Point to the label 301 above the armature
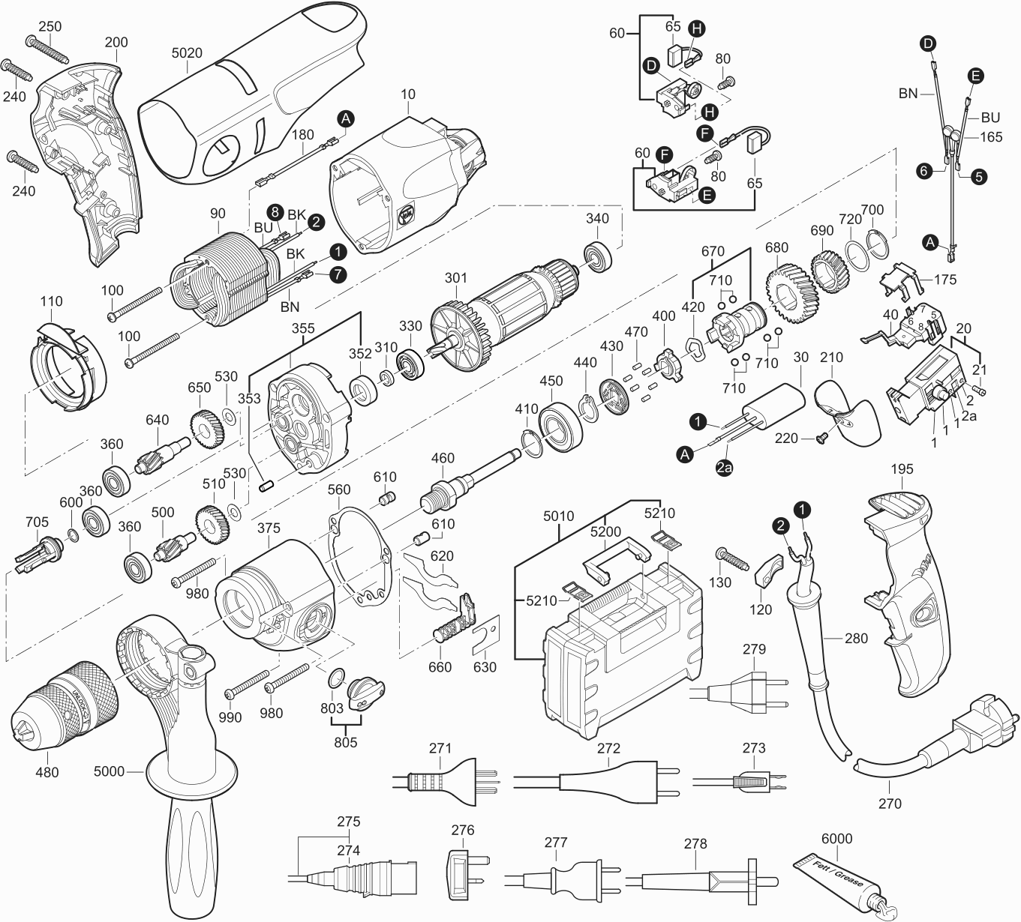click(455, 278)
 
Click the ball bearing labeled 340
click(599, 256)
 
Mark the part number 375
click(269, 528)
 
